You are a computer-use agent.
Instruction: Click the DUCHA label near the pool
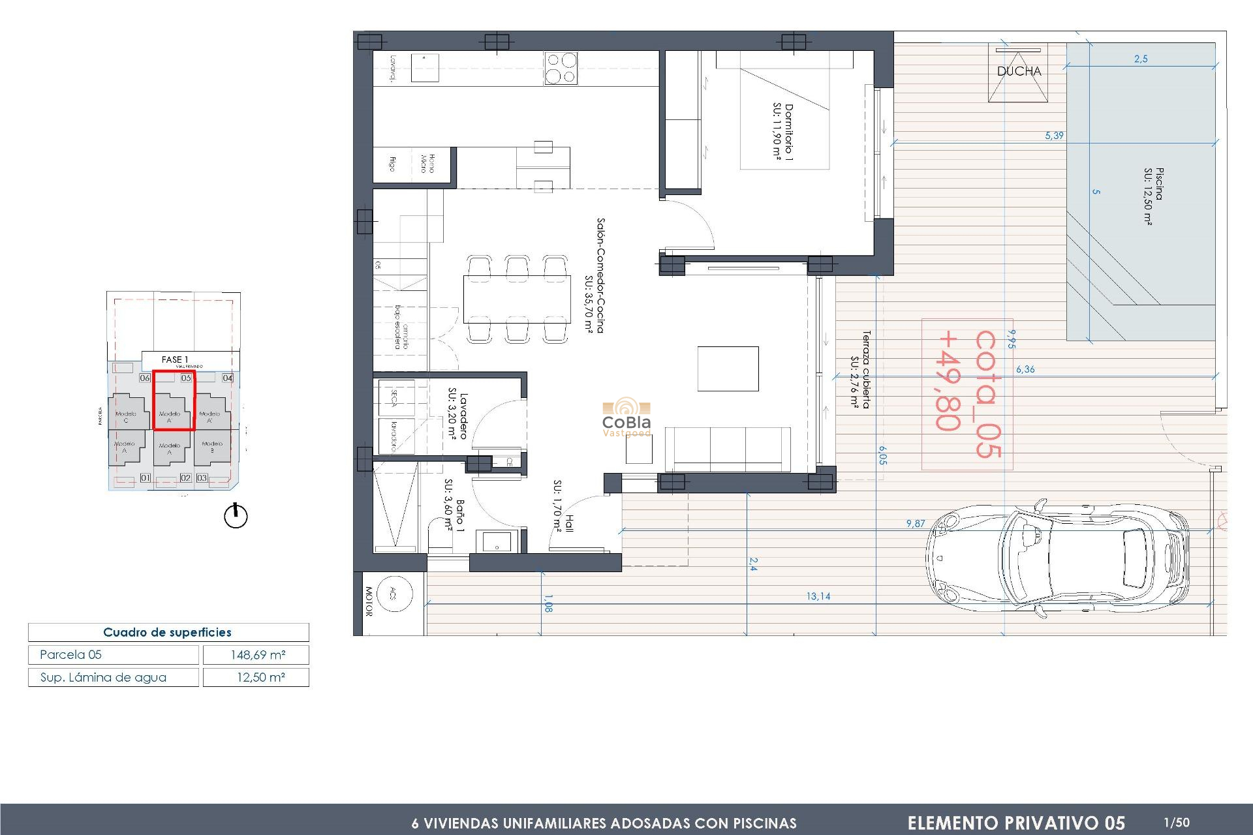point(1019,71)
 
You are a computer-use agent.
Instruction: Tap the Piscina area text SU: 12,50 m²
point(1148,196)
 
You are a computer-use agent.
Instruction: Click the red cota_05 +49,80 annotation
point(967,394)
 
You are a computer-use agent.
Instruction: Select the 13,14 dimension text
point(818,596)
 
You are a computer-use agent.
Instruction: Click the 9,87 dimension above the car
point(915,523)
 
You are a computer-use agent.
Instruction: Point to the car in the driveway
point(1057,558)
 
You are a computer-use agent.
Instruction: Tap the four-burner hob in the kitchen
point(561,68)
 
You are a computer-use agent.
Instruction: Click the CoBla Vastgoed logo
point(626,418)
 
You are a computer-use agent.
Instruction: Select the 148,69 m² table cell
point(256,654)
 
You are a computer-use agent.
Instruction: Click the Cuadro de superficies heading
point(168,632)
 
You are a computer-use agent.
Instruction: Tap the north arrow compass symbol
point(236,515)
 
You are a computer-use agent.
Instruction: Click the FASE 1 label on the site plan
point(175,359)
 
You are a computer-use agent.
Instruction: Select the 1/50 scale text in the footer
point(1177,823)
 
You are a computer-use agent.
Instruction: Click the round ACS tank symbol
point(394,594)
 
